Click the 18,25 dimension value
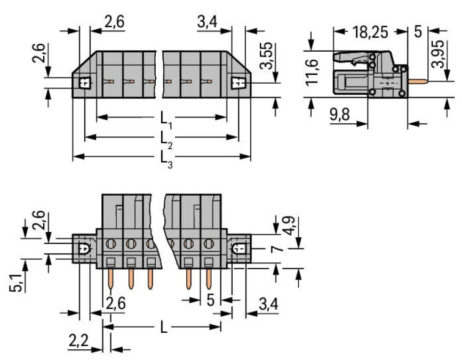pos(370,31)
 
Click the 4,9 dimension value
pos(289,227)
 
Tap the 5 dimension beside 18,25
pos(418,31)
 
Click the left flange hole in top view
pos(84,84)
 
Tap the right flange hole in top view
pos(238,84)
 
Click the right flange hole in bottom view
pos(239,249)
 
